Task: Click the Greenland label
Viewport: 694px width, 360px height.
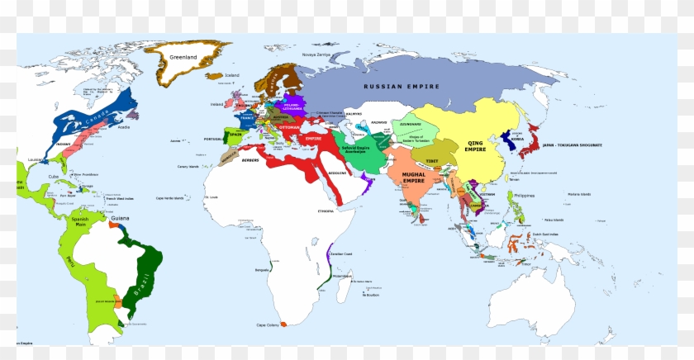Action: tap(183, 57)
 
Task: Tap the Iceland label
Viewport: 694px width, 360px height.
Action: tap(231, 75)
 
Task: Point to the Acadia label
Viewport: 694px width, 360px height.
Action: tap(124, 128)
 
